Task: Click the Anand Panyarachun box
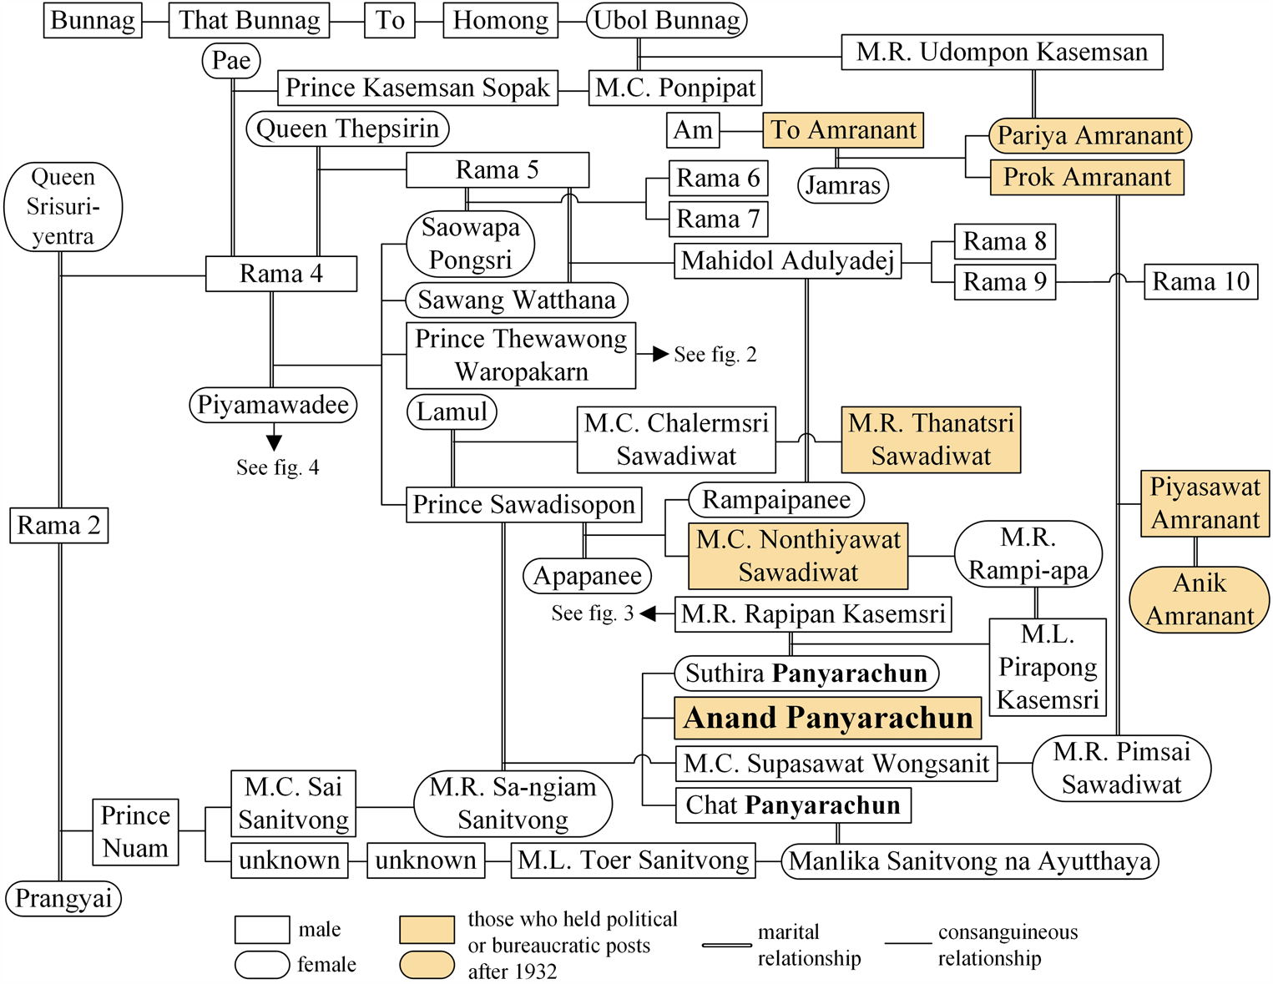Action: click(827, 718)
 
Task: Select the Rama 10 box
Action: click(1200, 282)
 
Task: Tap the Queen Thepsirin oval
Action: click(347, 129)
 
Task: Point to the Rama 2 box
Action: click(59, 526)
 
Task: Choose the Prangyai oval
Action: click(63, 899)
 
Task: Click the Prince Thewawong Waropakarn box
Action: click(521, 356)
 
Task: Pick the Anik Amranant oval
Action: click(1200, 599)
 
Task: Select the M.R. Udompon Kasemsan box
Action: click(1002, 53)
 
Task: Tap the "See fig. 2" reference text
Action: click(715, 355)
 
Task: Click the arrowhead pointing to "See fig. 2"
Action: click(660, 354)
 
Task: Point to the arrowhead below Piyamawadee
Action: click(274, 442)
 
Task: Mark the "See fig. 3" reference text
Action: click(592, 614)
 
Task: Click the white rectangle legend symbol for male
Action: click(262, 930)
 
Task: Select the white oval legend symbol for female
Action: click(262, 965)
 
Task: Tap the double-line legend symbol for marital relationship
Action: click(726, 945)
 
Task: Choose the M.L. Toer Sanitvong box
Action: click(633, 860)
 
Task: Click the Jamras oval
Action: click(843, 185)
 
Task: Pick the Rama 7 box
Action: click(718, 220)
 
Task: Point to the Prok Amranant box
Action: click(1087, 178)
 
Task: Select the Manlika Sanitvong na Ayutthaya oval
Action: click(970, 861)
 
